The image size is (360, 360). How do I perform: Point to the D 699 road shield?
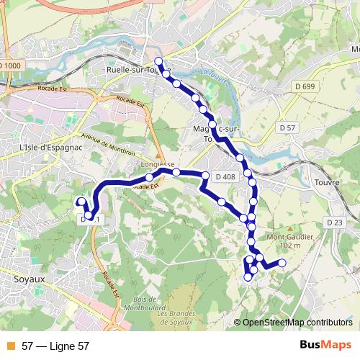point(305,87)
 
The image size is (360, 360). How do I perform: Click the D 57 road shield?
point(287,127)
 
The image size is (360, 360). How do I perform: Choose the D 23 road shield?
point(333,222)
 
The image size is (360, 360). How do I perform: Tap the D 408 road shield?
point(225,176)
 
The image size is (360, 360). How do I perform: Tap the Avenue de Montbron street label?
point(107,141)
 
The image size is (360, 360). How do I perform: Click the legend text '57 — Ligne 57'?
point(55,346)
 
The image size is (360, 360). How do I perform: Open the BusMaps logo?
point(325,346)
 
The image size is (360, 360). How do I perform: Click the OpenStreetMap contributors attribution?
point(297,323)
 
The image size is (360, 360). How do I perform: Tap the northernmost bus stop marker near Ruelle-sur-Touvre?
point(158,60)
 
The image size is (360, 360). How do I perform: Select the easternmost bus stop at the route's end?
point(282,263)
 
